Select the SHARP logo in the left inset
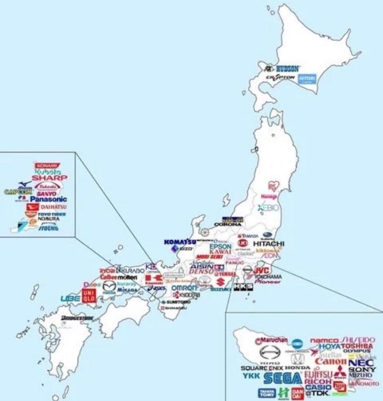point(49,178)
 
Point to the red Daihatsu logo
point(46,207)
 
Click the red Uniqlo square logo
point(90,295)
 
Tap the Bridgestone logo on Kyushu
point(77,317)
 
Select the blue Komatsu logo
point(180,242)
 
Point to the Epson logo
point(220,246)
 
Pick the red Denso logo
point(202,271)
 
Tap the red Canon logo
point(330,361)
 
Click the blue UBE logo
point(70,299)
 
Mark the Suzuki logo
point(220,289)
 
